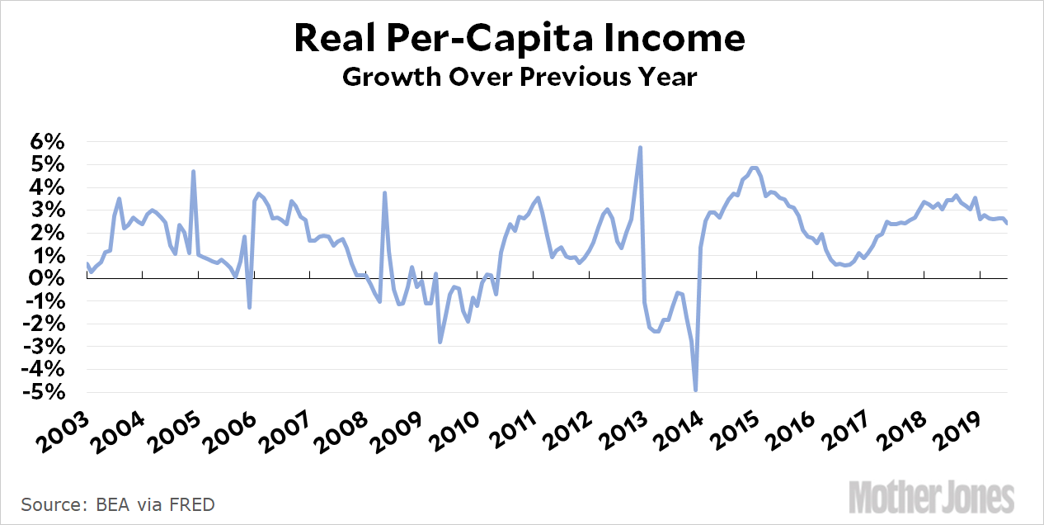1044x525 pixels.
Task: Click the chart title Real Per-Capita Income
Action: coord(521,39)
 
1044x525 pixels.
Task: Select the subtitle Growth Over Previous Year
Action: coord(521,78)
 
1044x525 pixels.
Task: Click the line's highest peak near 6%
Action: coord(641,148)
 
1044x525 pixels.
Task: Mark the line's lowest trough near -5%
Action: coord(696,390)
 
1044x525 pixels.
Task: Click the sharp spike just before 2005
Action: coord(193,172)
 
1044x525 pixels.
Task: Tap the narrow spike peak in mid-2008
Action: coord(384,193)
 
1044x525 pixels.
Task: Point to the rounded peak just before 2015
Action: coord(754,168)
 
